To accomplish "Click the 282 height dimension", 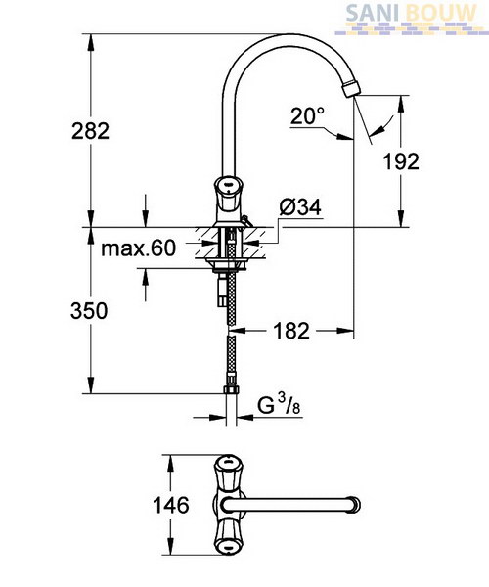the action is coord(91,131).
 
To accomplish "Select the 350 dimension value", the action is coord(89,311).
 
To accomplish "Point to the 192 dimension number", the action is coord(401,161).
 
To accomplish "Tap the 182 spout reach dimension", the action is coord(291,331).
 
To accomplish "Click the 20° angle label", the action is coord(307,115).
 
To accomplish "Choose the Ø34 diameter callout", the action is coord(300,207).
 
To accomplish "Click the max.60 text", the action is coord(138,248).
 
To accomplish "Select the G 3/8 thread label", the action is coord(279,406).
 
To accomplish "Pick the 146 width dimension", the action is coord(171,506).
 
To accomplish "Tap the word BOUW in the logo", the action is coord(441,14).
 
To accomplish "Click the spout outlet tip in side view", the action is coord(351,88).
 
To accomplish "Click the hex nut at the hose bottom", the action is coord(231,389).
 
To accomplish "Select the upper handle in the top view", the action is coord(228,474).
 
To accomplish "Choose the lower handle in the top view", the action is coord(228,537).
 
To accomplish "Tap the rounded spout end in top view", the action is coord(355,506).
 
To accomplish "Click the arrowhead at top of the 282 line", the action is coord(91,42).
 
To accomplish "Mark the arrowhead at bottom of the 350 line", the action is coord(91,385).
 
